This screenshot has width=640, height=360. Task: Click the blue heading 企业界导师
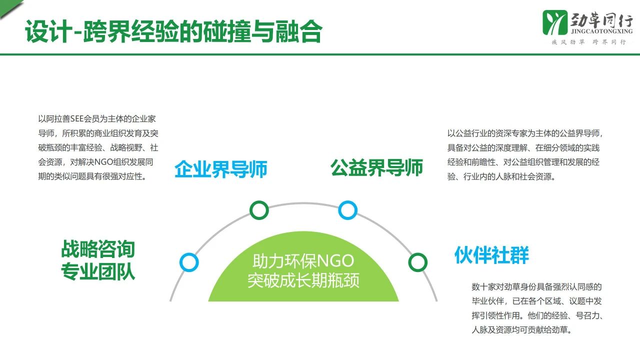pos(221,169)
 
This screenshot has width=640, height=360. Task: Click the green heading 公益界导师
pos(376,167)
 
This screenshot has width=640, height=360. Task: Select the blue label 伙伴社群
pos(491,255)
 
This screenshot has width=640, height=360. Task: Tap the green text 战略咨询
pos(98,249)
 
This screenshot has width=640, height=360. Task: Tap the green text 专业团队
pos(98,271)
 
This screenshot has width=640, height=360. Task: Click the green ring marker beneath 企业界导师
pos(259,210)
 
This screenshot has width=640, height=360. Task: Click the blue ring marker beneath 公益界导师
pos(347,210)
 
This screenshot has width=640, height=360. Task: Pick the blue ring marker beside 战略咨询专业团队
pos(189,262)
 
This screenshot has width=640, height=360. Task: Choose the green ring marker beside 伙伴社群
pos(417,262)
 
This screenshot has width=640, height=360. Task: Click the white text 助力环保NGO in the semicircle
pos(303,261)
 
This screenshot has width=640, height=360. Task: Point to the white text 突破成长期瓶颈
pos(303,280)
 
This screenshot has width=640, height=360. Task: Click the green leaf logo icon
pos(555,22)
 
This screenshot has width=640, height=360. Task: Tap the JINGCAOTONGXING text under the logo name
pos(601,31)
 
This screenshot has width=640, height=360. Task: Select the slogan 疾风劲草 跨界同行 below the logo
pos(589,42)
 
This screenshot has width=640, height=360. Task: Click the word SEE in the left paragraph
pos(76,119)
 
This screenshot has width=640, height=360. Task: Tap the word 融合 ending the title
pos(299,31)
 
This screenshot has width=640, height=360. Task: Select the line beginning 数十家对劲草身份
pos(536,287)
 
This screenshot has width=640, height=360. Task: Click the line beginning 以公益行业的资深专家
pos(525,133)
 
